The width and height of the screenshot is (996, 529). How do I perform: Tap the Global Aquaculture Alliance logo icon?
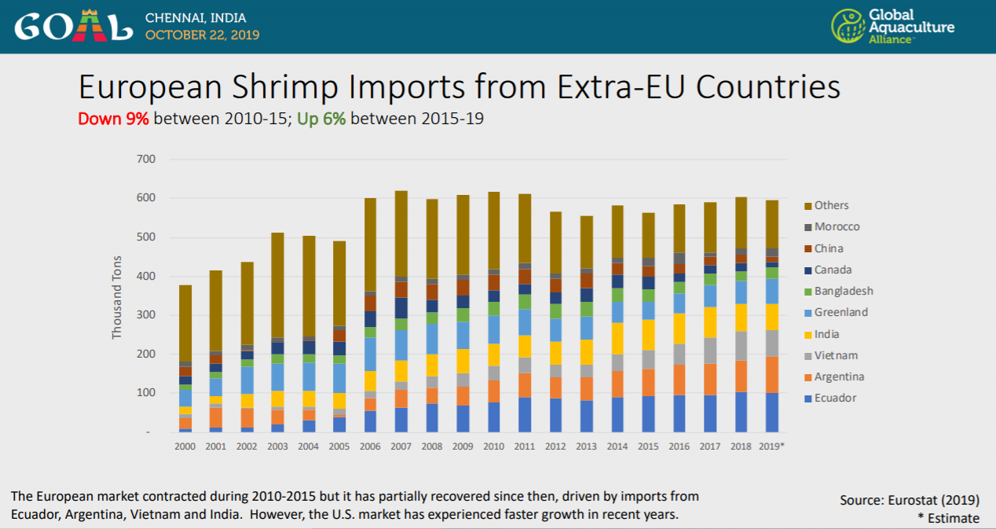point(848,26)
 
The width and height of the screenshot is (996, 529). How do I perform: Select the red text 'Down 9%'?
point(113,119)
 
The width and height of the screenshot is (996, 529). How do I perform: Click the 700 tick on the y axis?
point(146,160)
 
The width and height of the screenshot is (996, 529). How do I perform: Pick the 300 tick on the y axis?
point(146,315)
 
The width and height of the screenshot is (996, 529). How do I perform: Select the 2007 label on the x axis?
point(401,446)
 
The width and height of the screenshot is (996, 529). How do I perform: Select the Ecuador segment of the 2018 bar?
point(740,412)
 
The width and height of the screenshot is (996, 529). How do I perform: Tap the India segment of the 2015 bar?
point(647,335)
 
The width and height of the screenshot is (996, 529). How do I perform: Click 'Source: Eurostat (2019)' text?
point(910,499)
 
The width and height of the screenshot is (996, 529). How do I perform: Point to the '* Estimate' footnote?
point(948,518)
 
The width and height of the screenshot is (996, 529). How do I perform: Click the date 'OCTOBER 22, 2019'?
point(202,35)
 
